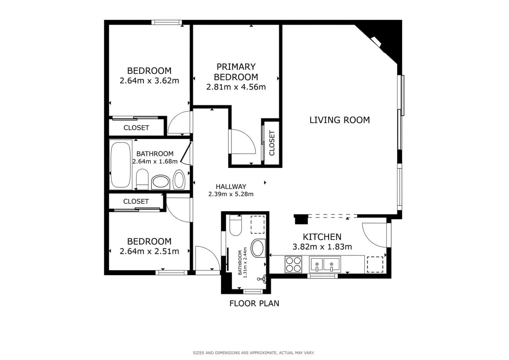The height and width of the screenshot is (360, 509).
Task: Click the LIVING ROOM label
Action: [339, 120]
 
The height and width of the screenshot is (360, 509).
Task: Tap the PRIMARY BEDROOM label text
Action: [236, 72]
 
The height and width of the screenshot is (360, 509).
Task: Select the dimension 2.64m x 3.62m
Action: [149, 81]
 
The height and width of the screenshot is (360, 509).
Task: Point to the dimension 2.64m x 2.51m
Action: [149, 251]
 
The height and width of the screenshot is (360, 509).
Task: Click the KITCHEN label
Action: [322, 237]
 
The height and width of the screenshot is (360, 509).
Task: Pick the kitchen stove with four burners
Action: [293, 265]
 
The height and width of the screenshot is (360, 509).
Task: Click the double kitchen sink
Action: [325, 265]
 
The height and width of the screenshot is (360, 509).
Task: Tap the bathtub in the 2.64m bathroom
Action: [121, 165]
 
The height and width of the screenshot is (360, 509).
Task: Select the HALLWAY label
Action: [231, 187]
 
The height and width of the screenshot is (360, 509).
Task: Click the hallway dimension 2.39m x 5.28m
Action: [231, 194]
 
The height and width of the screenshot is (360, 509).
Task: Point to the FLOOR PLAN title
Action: [254, 303]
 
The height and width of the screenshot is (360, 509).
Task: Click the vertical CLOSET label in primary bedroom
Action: [272, 143]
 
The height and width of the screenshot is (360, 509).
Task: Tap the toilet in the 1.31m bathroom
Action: [235, 225]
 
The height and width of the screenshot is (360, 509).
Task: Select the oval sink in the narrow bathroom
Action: [258, 248]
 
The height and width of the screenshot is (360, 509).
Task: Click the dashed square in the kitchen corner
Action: [375, 265]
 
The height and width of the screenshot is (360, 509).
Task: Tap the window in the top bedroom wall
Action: [167, 22]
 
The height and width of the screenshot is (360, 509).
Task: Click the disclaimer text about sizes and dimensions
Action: [254, 353]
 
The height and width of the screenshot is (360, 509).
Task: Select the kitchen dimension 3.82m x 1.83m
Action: [322, 247]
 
